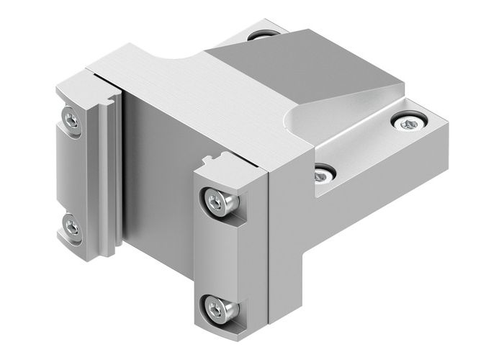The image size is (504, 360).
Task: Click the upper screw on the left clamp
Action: (x=69, y=118)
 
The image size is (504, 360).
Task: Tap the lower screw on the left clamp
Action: (x=71, y=228)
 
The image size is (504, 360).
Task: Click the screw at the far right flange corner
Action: (x=408, y=125)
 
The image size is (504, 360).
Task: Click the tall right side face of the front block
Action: (x=288, y=245)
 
